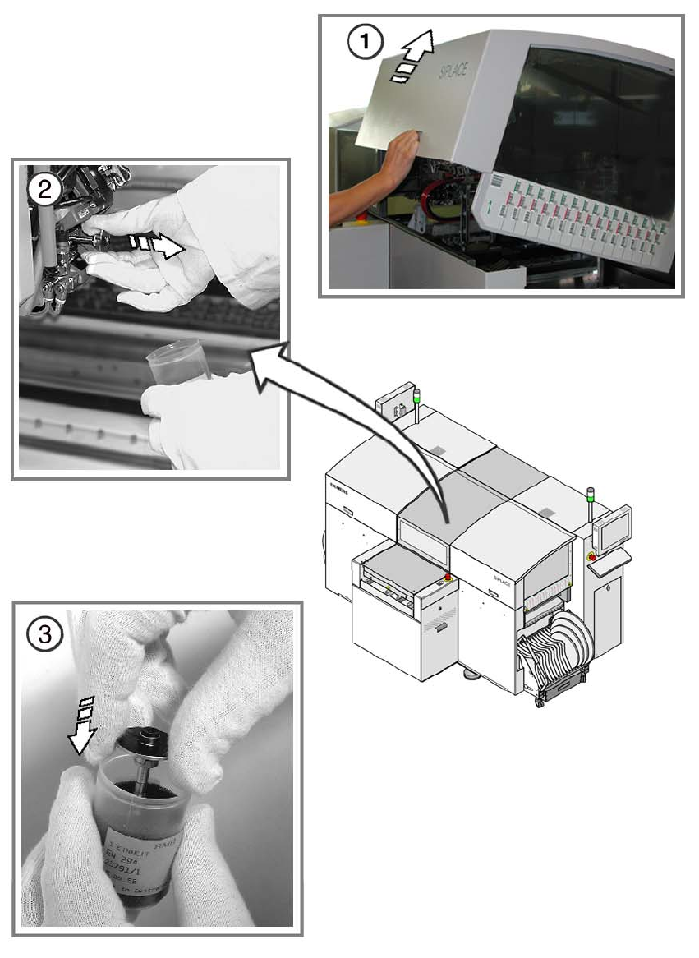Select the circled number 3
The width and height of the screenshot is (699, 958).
click(x=44, y=633)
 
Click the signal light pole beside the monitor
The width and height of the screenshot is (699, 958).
click(x=590, y=505)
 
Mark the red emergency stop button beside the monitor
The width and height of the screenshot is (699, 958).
click(x=591, y=556)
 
